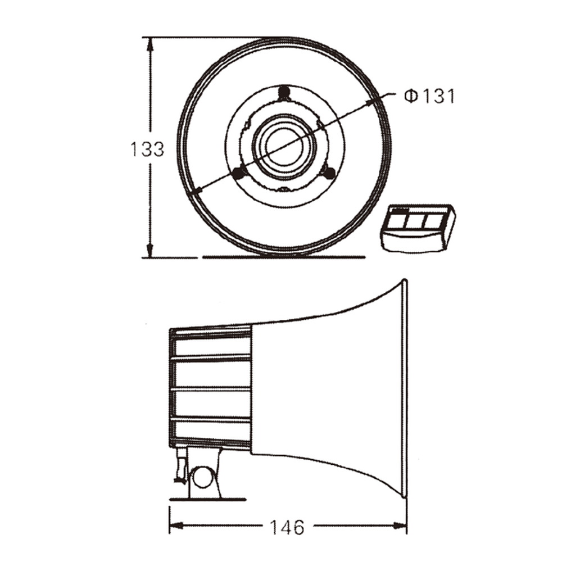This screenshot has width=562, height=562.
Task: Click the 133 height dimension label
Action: [147, 149]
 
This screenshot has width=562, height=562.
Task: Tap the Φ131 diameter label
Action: [429, 96]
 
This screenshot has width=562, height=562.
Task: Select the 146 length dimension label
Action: [287, 527]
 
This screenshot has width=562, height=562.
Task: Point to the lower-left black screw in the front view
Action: [238, 174]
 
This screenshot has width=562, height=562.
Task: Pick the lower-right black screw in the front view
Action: [329, 174]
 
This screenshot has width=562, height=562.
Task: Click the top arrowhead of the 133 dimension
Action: [151, 44]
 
